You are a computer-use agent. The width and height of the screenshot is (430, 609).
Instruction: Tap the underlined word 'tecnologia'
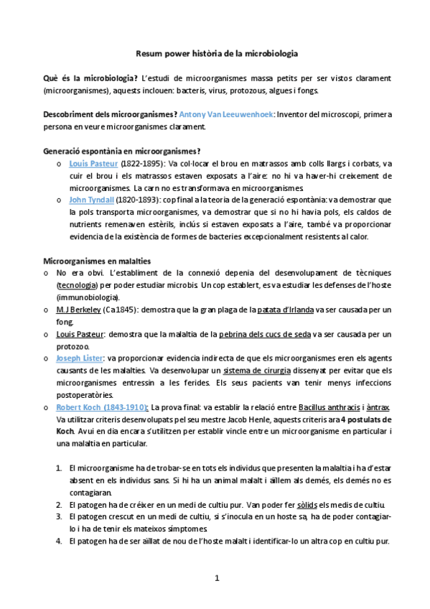[80, 285]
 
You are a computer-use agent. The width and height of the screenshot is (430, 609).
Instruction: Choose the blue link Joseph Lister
[80, 358]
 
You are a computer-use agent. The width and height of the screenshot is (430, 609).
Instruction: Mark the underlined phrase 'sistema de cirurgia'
[257, 371]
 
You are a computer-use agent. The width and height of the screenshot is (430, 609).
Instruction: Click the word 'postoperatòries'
[84, 395]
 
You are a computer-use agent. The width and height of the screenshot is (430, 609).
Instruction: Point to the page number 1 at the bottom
[216, 578]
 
